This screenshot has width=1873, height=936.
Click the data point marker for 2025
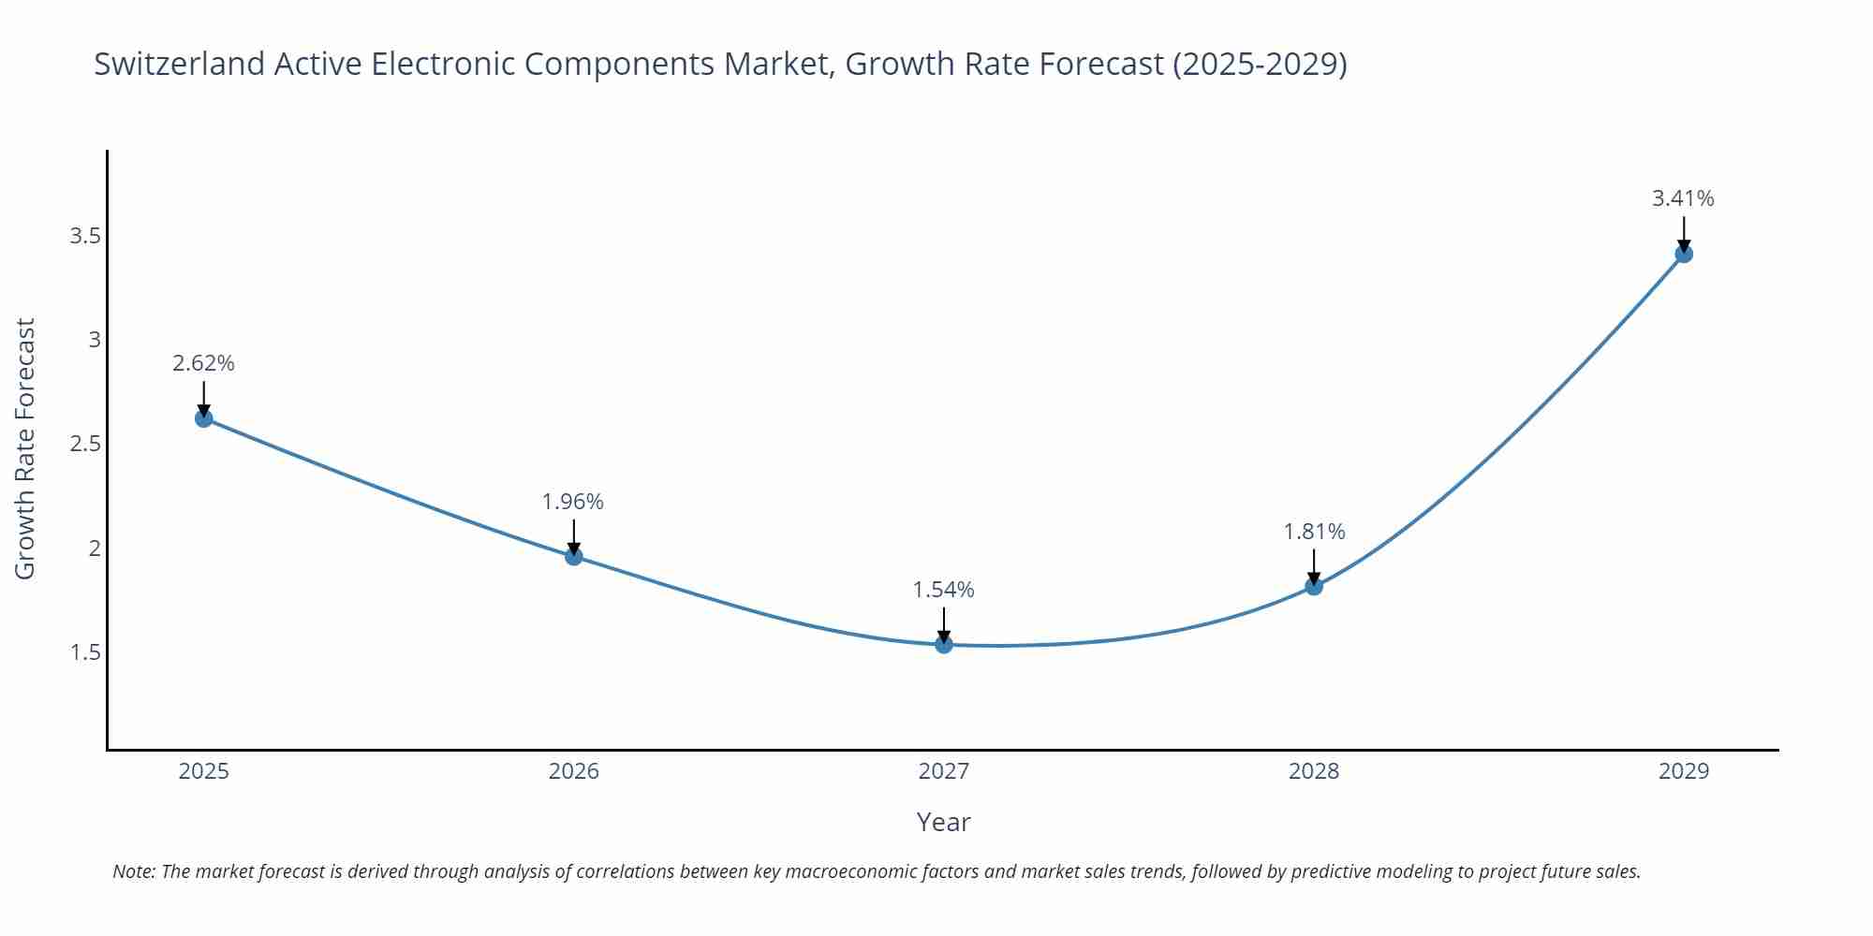[204, 418]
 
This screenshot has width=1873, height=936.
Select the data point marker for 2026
[574, 556]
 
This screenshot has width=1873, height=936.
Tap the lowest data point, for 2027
[944, 644]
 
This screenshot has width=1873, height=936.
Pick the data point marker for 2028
[1314, 587]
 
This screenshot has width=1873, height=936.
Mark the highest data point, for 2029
[1684, 254]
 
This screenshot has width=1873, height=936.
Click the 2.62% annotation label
[203, 363]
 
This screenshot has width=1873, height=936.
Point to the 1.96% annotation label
[573, 502]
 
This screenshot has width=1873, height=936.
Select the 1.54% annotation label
[943, 590]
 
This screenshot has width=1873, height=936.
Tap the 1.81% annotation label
[1314, 532]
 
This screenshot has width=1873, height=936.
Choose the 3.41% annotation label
[1683, 198]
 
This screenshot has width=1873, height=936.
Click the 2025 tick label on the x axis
[204, 771]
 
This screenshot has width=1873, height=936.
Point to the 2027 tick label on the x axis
[944, 771]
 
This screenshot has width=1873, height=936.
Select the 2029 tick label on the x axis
[1684, 771]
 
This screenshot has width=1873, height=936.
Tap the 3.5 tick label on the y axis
[85, 236]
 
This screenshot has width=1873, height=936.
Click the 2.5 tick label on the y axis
[85, 444]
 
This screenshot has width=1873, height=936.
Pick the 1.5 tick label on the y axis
[85, 652]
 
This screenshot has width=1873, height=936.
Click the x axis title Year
[943, 822]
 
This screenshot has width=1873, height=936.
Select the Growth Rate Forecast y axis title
[25, 448]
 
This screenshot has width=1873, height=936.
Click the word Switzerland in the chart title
[180, 64]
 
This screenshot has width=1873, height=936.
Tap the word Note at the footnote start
[134, 871]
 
